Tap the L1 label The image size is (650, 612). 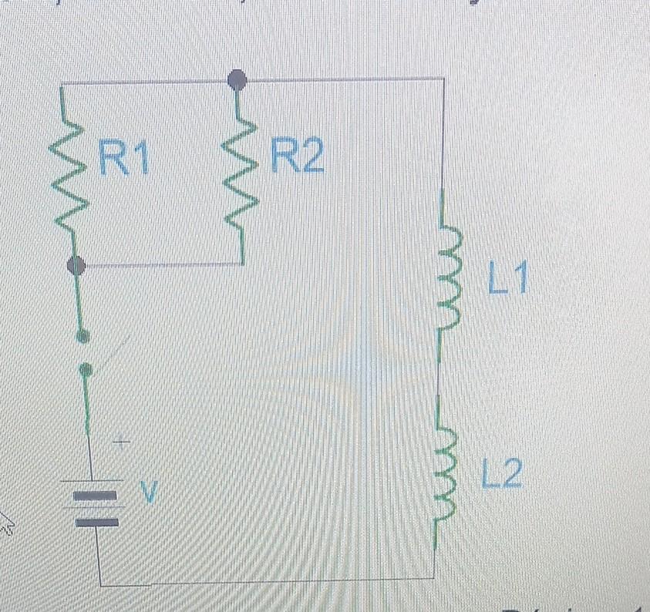507,279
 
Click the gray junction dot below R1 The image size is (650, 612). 76,266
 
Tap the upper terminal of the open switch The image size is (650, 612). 84,335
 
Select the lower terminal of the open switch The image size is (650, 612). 87,370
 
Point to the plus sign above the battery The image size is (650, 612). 120,443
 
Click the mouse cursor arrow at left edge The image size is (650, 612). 7,528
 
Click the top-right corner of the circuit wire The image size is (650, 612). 443,78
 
